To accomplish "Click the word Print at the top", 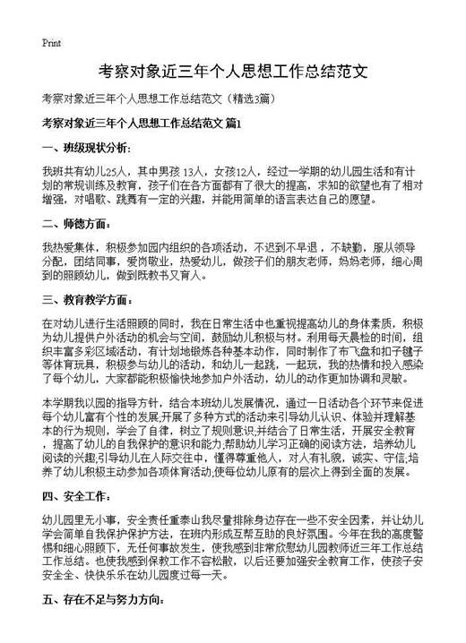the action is [51, 43].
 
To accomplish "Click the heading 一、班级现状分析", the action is [85, 147].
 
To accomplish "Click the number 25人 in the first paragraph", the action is [116, 169].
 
